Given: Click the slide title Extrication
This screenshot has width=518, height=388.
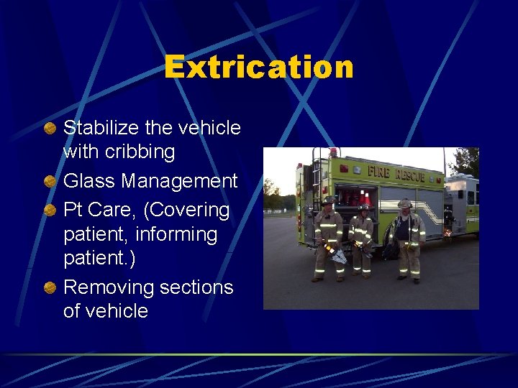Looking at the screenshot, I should point(259,68).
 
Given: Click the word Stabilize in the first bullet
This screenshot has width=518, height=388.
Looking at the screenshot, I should point(96,128).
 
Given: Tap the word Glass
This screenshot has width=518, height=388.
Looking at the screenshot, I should point(89,181).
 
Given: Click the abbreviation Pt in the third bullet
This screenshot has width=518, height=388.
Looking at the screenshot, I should point(73,211).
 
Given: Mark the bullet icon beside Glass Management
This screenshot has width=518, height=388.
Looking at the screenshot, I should point(49,181).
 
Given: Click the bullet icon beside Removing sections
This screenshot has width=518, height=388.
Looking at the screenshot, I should point(49,287).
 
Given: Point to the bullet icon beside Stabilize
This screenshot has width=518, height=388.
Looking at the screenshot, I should point(49,128).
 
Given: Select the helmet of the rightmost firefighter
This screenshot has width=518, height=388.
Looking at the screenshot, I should point(404,204).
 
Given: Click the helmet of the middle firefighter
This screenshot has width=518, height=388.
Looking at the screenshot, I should point(364,208).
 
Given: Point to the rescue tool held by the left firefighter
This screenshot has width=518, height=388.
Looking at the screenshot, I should point(336,253).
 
